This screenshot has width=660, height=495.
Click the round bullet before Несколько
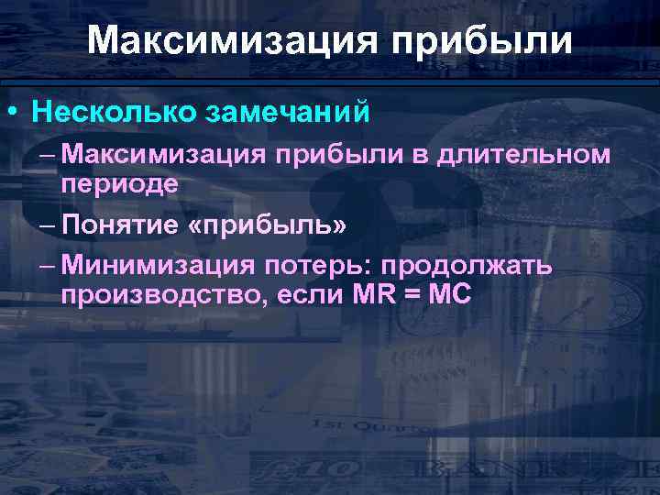click(x=12, y=113)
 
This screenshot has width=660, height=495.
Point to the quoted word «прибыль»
click(x=266, y=225)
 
